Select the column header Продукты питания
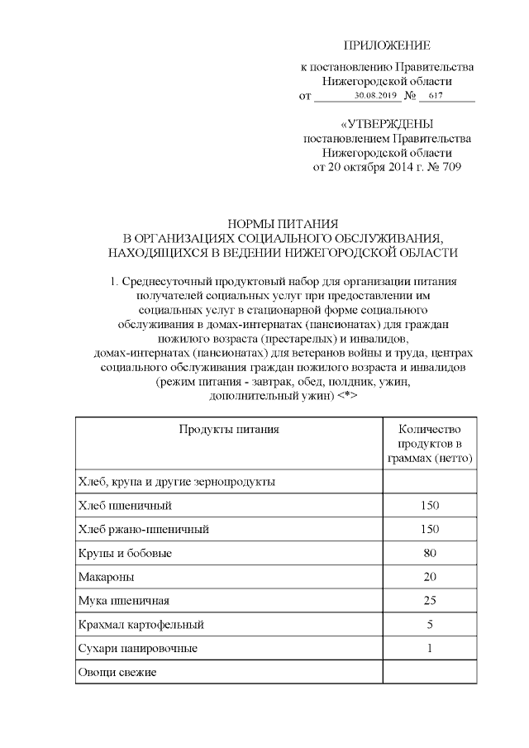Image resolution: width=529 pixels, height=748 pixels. point(228,429)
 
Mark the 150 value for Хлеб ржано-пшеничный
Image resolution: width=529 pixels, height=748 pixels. point(429,529)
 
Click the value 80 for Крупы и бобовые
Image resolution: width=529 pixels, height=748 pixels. point(429,553)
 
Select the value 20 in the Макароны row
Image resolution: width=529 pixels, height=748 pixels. point(429,577)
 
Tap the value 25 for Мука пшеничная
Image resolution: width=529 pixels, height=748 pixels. point(429,601)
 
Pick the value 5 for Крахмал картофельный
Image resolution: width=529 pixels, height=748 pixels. point(429,625)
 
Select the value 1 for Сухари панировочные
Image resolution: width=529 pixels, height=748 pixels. point(429,649)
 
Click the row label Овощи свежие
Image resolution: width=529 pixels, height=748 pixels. point(117,673)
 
